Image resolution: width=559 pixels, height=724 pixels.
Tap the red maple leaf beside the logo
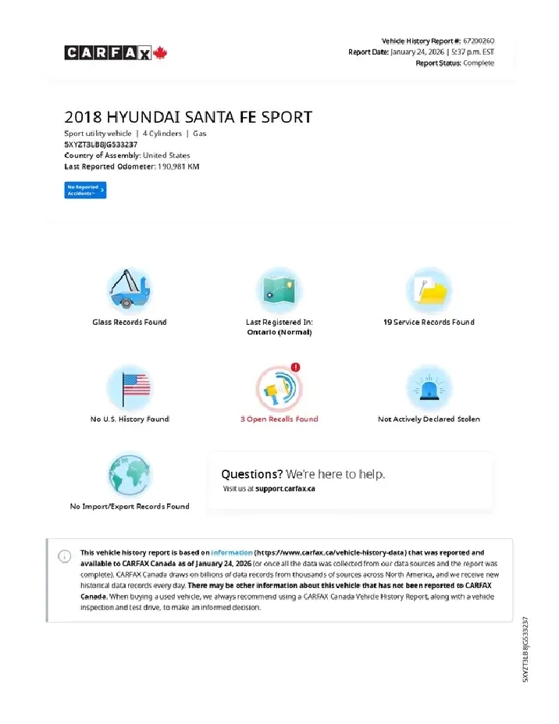161,53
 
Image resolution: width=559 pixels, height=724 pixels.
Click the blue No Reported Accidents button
85,190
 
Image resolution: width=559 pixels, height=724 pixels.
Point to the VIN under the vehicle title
101,144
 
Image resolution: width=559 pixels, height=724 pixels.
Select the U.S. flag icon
129,387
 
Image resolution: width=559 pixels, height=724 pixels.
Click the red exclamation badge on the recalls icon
296,367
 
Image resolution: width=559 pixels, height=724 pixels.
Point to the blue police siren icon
429,387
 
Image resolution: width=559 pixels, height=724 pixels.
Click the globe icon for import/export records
129,475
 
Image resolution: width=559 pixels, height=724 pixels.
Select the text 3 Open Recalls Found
279,419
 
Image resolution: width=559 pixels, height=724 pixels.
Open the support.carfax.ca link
285,489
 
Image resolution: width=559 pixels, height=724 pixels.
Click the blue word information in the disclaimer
232,552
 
